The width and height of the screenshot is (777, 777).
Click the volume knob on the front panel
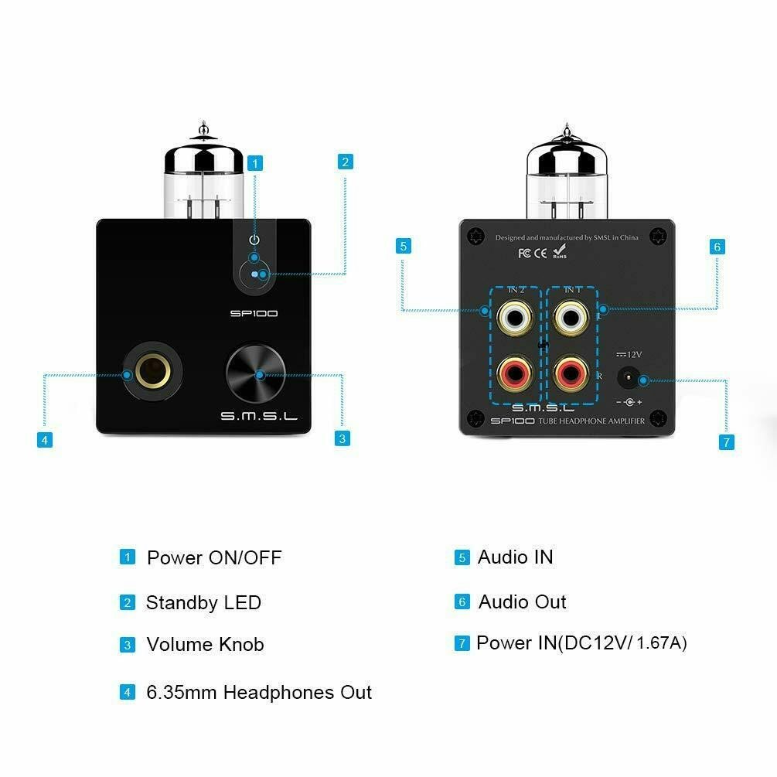pos(256,375)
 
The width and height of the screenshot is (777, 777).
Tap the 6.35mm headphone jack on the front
pos(152,375)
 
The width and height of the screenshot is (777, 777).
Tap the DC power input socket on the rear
pos(628,379)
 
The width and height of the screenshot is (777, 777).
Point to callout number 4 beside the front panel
pos(45,440)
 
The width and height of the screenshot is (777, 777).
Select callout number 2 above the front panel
pos(346,162)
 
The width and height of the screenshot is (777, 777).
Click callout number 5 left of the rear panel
pos(402,247)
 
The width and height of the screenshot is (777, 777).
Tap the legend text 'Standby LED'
pos(203,603)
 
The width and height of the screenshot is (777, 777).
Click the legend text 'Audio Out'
pos(522,601)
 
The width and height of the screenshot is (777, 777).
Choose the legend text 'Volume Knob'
pos(205,645)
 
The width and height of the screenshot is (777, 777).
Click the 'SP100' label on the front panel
pos(254,314)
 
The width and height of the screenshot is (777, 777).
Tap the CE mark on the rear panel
pos(540,252)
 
